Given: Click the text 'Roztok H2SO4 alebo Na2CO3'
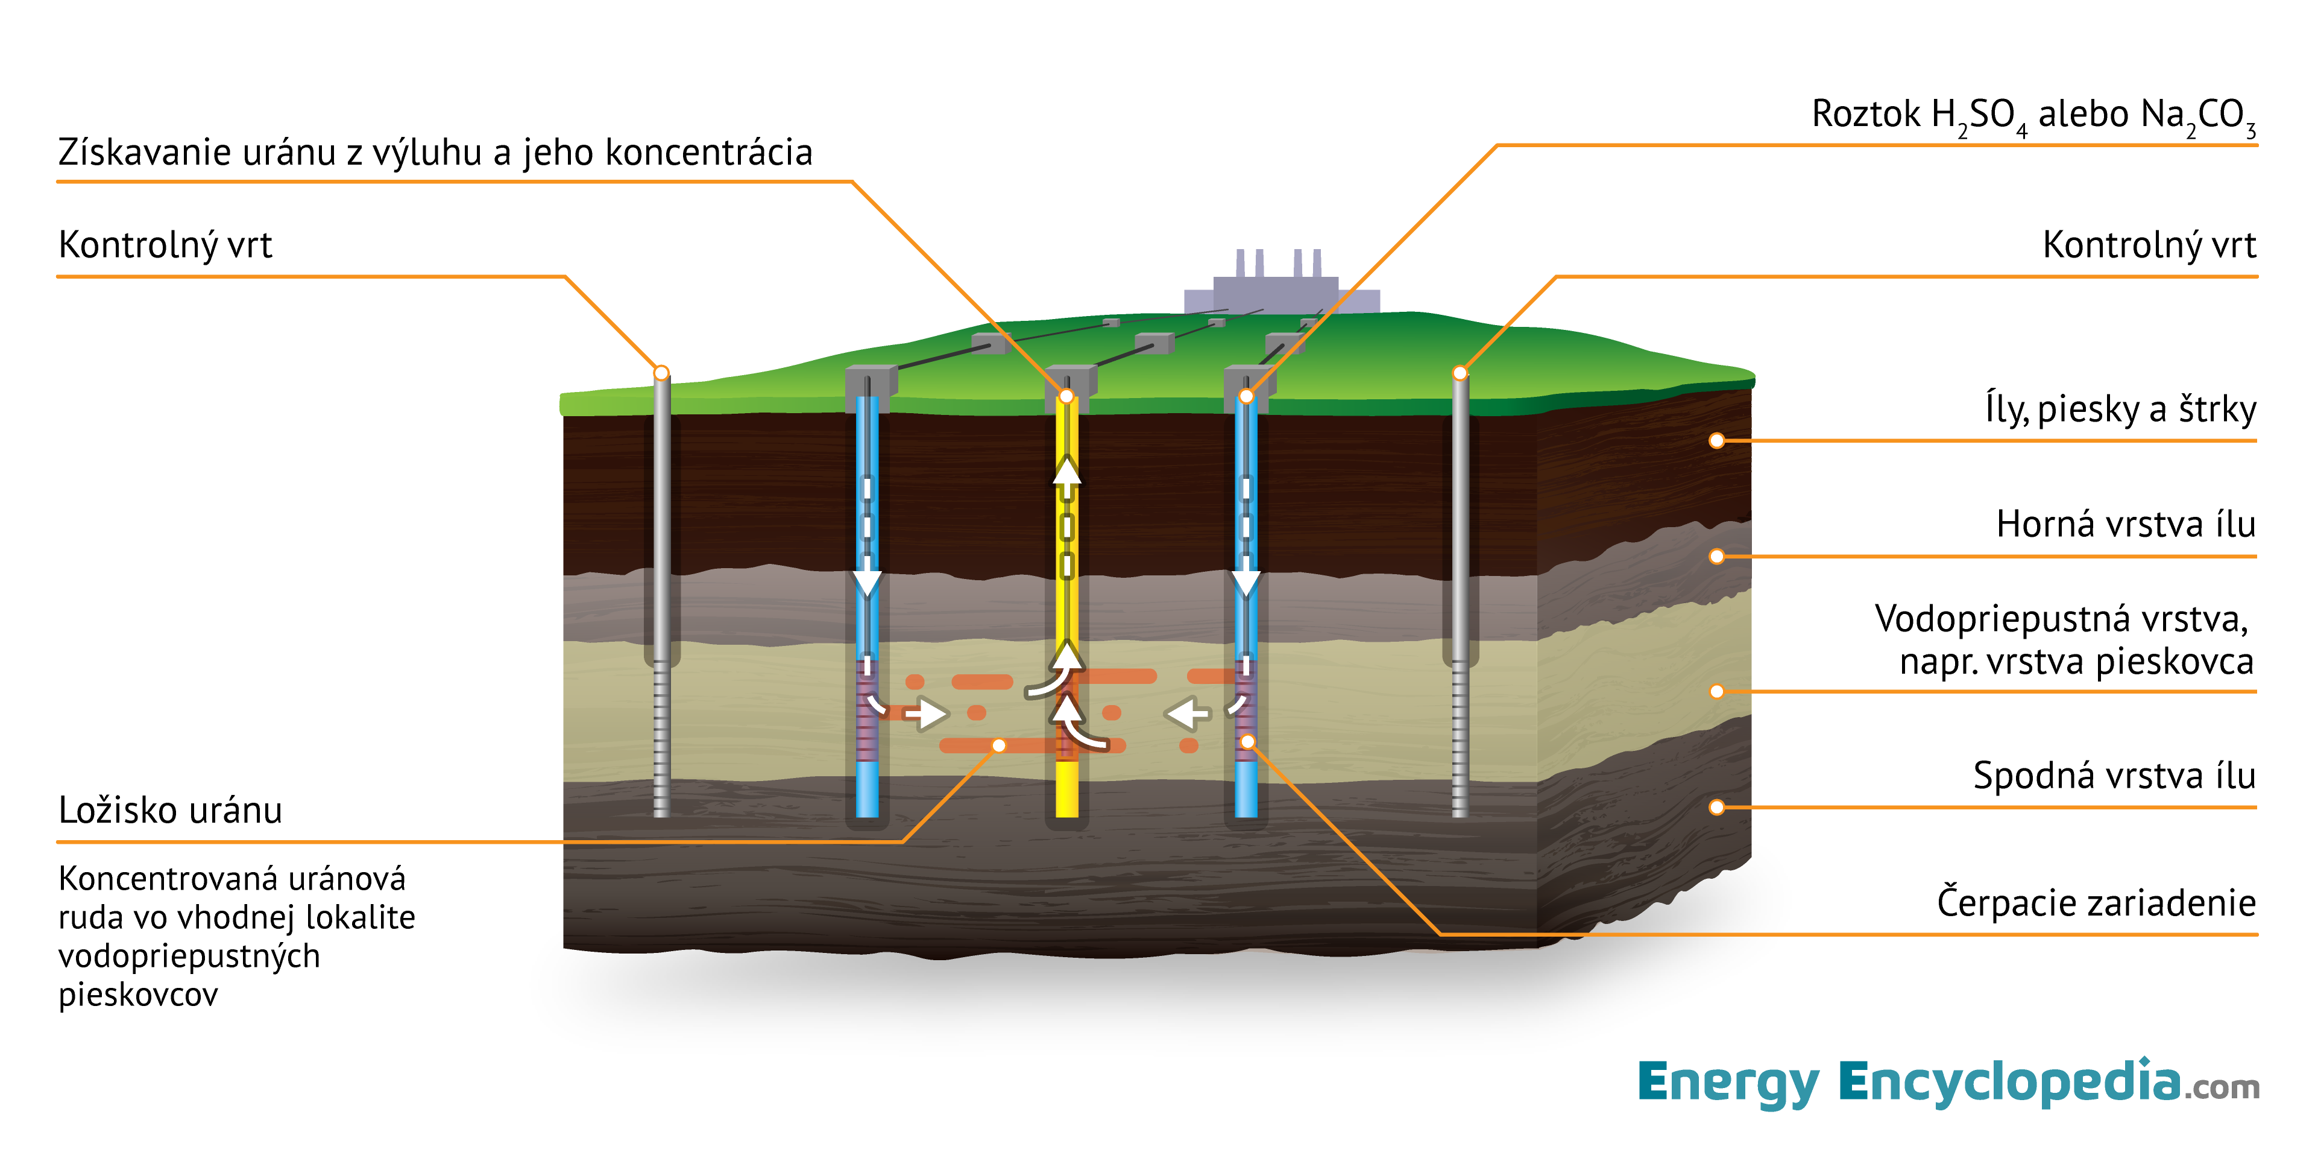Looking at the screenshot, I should [x=2033, y=116].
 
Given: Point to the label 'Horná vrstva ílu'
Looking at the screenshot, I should [x=2125, y=524].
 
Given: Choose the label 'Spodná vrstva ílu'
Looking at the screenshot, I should [x=2114, y=775].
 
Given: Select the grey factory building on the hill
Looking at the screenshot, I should [x=1280, y=286].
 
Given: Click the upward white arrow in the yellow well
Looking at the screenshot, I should [x=1066, y=472].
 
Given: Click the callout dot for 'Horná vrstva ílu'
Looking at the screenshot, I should [x=1716, y=557].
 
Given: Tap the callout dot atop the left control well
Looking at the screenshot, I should [x=661, y=372].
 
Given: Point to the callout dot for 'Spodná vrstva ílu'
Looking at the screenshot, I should [x=1716, y=808].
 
